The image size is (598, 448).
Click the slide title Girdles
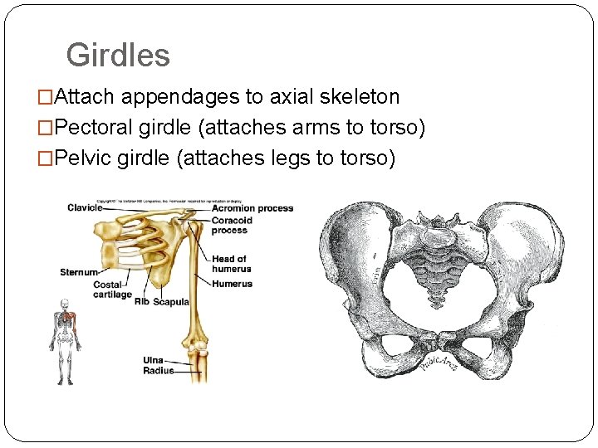pyautogui.click(x=118, y=56)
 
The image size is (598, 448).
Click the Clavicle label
pyautogui.click(x=85, y=207)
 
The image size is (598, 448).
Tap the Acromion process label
pyautogui.click(x=252, y=208)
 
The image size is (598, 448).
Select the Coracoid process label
pyautogui.click(x=231, y=226)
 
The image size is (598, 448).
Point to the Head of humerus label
pyautogui.click(x=231, y=264)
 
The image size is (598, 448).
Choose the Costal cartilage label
pyautogui.click(x=112, y=290)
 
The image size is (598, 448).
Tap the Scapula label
pyautogui.click(x=171, y=301)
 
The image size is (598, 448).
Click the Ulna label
pyautogui.click(x=153, y=361)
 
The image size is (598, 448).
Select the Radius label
pyautogui.click(x=158, y=371)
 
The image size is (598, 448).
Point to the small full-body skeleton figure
pyautogui.click(x=64, y=341)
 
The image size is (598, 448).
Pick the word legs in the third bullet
pyautogui.click(x=295, y=158)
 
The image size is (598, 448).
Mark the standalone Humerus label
pyautogui.click(x=232, y=283)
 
